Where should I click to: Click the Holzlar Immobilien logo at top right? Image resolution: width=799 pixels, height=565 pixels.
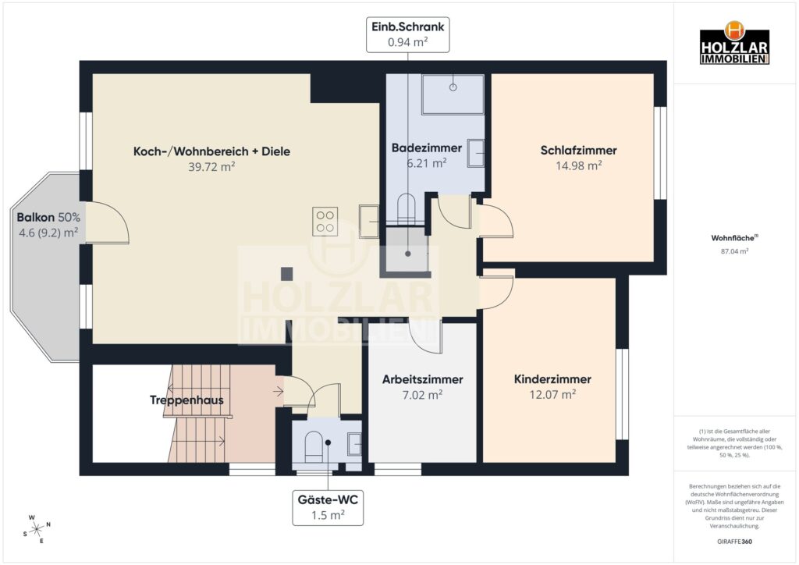734,43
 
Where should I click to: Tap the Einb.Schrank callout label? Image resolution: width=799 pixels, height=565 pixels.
407,34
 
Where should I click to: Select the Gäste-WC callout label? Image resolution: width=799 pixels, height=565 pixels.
328,507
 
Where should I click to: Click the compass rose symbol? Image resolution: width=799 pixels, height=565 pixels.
37,530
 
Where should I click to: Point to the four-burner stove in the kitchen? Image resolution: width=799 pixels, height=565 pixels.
325,222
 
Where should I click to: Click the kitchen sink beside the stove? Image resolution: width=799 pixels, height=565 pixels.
369,221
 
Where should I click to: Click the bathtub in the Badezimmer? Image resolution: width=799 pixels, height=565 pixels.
453,94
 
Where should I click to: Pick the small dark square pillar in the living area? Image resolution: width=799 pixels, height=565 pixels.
287,274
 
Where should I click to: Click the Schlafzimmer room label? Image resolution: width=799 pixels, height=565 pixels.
578,151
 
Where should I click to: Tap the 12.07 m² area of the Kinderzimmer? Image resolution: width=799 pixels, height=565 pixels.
552,394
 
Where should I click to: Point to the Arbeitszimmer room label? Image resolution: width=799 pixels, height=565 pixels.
422,379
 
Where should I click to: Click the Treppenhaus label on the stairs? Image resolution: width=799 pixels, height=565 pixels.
186,400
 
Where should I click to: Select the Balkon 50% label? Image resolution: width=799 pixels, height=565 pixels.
48,217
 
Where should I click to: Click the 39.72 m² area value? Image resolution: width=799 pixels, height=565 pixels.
211,166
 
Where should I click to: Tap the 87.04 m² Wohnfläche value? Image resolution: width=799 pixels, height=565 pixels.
734,251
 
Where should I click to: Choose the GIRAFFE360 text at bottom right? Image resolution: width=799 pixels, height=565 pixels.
734,542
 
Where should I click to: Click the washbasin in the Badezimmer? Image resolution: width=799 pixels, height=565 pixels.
475,153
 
